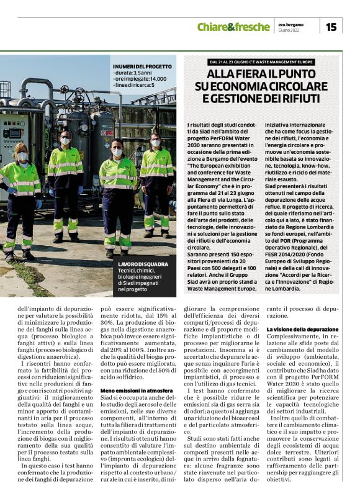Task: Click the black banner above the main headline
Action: coord(261,62)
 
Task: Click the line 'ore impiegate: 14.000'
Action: coord(140,79)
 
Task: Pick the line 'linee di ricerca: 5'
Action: coord(135,86)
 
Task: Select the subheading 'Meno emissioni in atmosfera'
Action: coord(133,373)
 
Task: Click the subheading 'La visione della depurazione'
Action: coord(303,329)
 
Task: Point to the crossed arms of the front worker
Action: coord(117,184)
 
